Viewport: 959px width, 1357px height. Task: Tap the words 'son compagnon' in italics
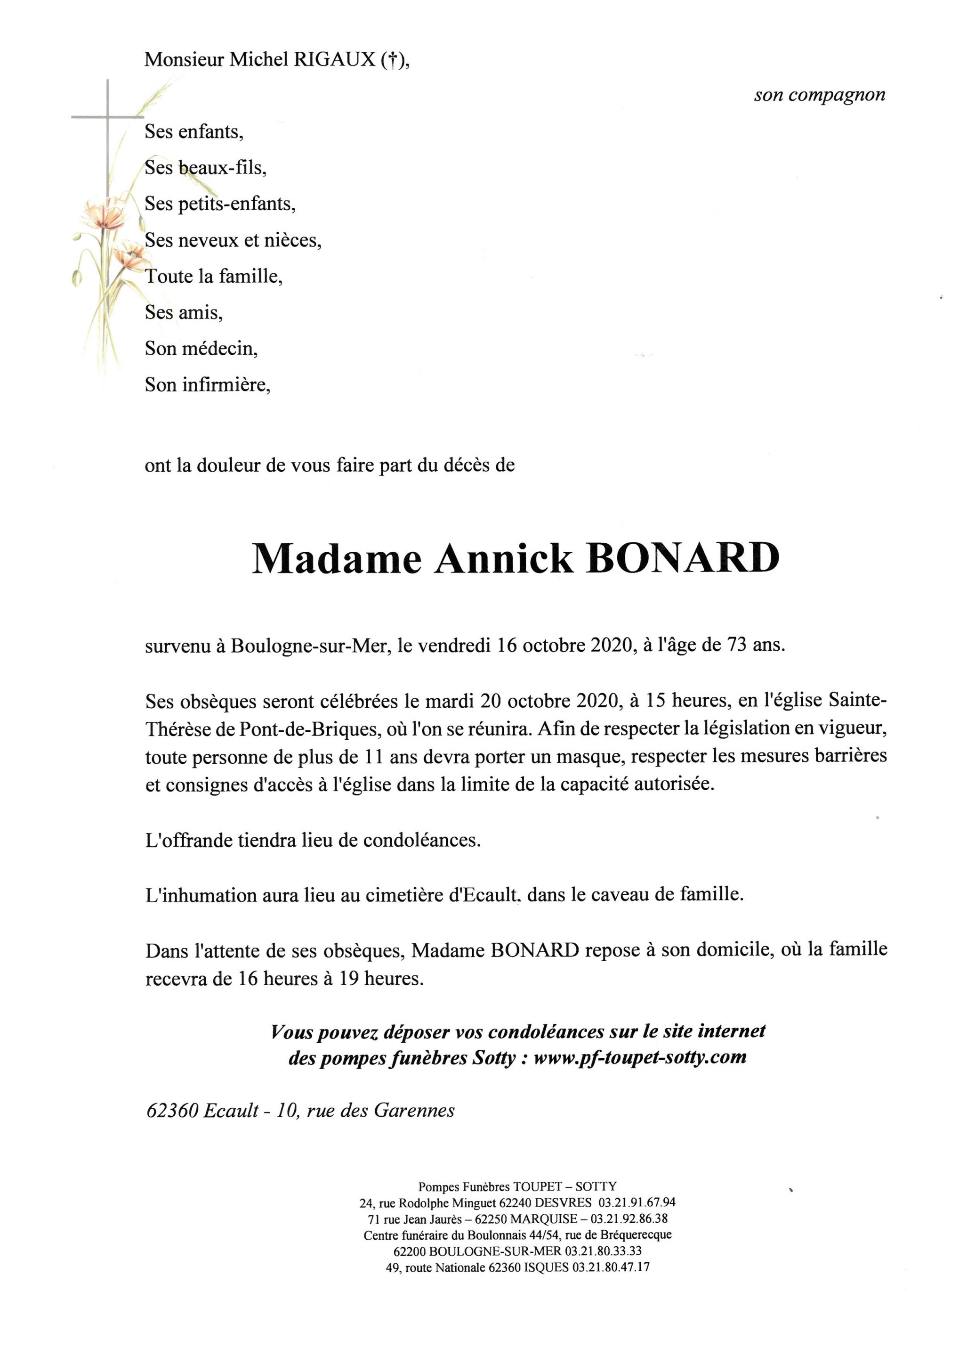pos(819,95)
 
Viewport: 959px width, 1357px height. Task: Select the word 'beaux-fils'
pos(222,168)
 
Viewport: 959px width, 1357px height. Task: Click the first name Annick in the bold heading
pos(504,558)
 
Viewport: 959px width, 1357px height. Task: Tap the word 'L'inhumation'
pos(194,895)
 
